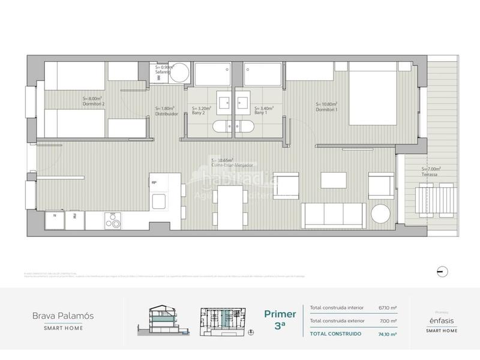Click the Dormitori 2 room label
(x=94, y=104)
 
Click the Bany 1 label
(x=261, y=112)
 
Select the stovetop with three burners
(x=113, y=221)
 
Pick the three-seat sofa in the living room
(x=334, y=215)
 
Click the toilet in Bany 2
(x=221, y=125)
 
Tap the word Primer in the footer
(x=280, y=314)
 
